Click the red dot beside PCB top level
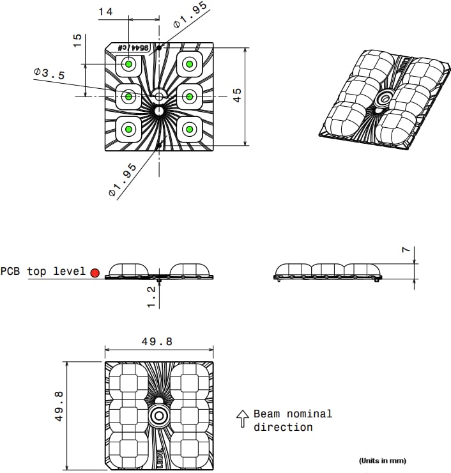click(x=95, y=273)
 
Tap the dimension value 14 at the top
click(x=106, y=12)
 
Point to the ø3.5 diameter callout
click(x=49, y=74)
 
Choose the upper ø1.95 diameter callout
click(x=190, y=15)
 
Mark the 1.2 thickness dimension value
click(x=151, y=297)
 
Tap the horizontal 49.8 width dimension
click(x=157, y=342)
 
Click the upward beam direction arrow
click(x=242, y=419)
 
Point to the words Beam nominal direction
click(x=293, y=421)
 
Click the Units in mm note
click(x=382, y=460)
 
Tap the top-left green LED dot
click(x=128, y=64)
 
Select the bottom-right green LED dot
click(x=189, y=129)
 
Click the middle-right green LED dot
click(x=189, y=97)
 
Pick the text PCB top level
click(x=43, y=272)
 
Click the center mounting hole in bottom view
click(x=158, y=416)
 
